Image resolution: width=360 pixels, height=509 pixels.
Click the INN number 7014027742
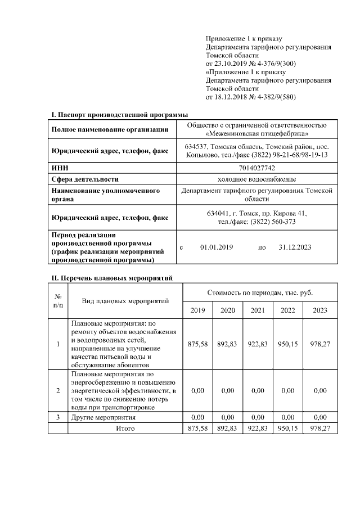257,168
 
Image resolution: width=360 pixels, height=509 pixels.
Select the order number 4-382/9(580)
273,97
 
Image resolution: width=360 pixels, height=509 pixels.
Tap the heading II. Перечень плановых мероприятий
112,278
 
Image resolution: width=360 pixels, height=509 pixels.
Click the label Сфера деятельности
85,179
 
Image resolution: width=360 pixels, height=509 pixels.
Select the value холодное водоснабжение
257,179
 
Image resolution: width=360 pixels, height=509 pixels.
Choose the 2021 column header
258,310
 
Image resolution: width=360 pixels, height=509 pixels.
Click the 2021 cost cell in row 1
258,344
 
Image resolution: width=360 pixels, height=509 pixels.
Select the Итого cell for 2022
288,428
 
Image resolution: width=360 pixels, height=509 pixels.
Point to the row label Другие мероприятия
103,417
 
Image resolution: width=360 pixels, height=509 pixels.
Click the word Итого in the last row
125,428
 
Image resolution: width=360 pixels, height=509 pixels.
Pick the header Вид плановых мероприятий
125,301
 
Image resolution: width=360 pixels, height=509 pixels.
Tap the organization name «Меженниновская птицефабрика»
257,134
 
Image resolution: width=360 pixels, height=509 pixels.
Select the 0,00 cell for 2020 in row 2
228,390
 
